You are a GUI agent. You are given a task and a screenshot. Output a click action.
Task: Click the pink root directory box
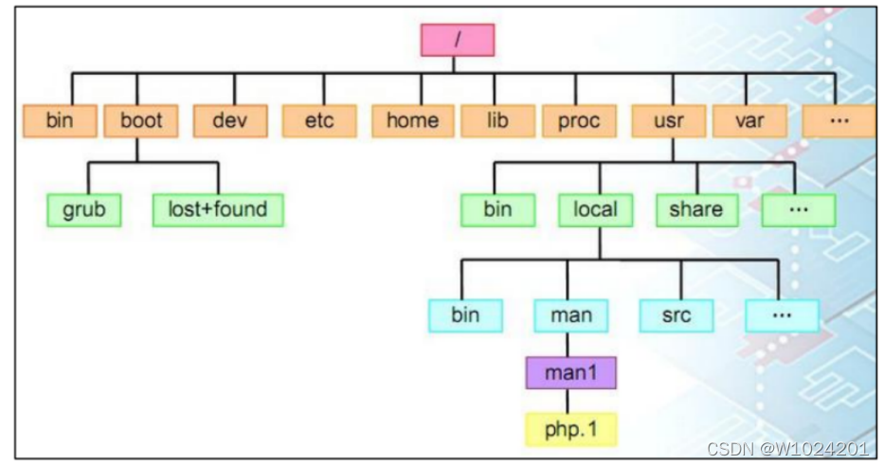click(x=457, y=39)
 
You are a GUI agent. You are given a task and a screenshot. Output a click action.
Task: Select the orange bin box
click(x=59, y=120)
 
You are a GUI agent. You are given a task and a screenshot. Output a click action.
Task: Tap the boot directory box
click(x=141, y=120)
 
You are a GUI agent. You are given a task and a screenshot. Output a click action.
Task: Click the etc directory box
click(x=320, y=120)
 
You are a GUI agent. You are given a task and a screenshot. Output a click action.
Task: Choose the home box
click(x=412, y=120)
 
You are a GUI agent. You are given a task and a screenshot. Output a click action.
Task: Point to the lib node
click(x=497, y=120)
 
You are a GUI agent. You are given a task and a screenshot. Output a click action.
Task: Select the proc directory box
click(x=578, y=120)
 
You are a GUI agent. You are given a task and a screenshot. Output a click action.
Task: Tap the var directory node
click(x=749, y=120)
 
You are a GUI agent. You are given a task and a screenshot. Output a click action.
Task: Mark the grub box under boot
click(x=84, y=209)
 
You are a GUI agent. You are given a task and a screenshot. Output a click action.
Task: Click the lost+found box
click(x=218, y=209)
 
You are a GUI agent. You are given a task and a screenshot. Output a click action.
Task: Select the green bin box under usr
click(x=497, y=209)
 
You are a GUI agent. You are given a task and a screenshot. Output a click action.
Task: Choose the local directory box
click(x=595, y=209)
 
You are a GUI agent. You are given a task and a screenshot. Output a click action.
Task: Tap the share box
click(x=696, y=209)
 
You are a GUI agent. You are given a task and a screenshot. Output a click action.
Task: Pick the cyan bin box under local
click(x=464, y=314)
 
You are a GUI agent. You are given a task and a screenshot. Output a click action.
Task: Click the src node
click(x=676, y=314)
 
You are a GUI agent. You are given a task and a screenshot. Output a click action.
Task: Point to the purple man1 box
click(x=571, y=372)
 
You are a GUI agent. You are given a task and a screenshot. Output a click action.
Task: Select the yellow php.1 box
click(x=571, y=429)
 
